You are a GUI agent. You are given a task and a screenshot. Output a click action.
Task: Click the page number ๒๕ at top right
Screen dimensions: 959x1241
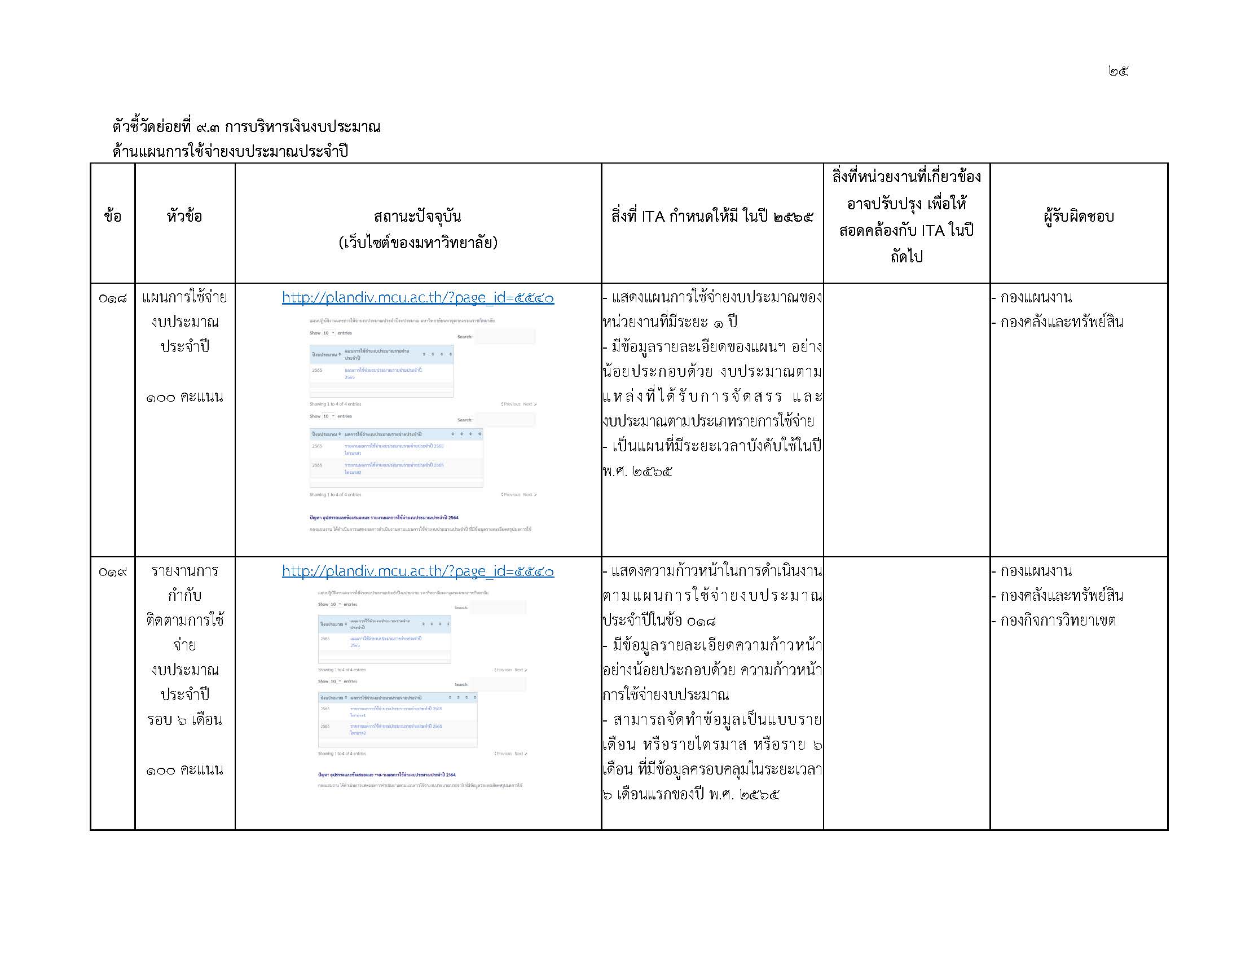coord(1117,71)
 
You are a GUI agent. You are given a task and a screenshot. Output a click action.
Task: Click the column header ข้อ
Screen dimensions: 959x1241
coord(112,217)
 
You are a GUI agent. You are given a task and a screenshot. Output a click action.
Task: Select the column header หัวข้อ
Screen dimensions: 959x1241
coord(184,217)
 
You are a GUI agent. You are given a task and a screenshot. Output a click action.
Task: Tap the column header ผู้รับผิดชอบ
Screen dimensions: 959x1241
coord(1078,217)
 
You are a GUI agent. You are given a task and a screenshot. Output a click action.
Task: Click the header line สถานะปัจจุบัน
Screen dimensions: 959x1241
coord(417,217)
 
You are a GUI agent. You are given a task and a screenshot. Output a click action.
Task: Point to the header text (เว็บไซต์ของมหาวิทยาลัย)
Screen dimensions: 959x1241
coord(417,243)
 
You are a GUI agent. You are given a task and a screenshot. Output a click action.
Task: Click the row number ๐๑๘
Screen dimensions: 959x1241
coord(112,298)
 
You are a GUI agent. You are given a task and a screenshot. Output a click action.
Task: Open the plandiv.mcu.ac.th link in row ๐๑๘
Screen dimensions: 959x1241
coord(417,298)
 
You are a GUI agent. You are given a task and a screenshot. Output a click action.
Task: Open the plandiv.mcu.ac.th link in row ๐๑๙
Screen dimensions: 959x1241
coord(417,571)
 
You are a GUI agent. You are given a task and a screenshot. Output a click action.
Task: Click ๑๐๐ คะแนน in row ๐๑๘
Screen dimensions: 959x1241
coord(184,397)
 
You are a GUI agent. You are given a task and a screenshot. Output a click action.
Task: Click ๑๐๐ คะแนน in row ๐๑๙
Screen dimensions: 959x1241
coord(184,771)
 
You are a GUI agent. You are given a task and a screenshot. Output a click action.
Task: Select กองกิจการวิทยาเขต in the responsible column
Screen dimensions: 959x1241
coord(1058,621)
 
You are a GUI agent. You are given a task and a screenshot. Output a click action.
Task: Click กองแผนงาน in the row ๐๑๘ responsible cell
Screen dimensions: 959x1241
coord(1035,298)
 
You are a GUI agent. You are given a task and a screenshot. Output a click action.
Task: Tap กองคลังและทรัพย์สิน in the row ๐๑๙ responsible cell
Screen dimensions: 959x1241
coord(1061,596)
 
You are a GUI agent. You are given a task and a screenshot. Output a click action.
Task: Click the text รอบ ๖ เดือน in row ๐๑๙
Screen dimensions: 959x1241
coord(184,720)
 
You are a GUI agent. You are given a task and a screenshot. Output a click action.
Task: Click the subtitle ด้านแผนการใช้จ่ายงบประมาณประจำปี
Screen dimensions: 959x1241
coord(230,152)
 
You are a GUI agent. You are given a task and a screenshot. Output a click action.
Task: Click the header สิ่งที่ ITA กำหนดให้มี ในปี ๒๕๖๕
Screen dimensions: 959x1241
coord(712,217)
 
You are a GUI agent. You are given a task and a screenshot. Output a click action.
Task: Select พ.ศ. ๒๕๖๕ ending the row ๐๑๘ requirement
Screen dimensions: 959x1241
coord(637,472)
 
